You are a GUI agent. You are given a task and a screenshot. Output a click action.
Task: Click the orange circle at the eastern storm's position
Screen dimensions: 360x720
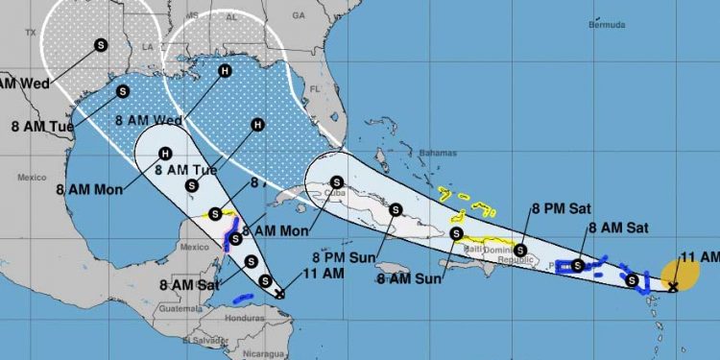point(679,276)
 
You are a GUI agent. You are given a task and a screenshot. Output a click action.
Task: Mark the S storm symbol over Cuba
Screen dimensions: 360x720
point(336,181)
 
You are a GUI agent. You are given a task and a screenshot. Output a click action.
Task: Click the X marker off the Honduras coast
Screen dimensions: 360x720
point(279,295)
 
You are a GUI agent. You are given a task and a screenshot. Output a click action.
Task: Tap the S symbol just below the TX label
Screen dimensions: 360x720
point(102,42)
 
